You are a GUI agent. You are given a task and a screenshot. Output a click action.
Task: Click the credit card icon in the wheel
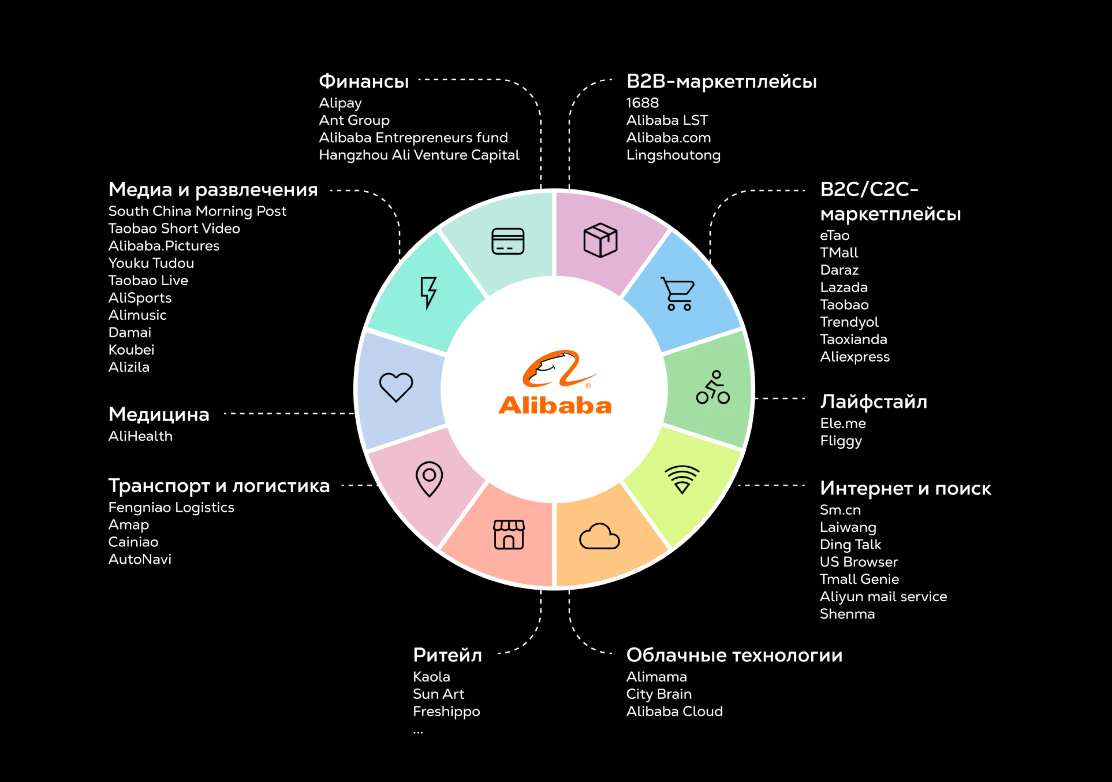coord(508,241)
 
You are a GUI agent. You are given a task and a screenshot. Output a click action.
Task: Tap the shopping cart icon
coord(678,293)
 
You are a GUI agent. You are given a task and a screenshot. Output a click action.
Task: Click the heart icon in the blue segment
coord(396,387)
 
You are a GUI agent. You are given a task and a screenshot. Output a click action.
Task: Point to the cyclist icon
coord(713,388)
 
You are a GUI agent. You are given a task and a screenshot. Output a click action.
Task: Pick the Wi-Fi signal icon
coord(682,479)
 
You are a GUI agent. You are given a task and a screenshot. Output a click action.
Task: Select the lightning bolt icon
coord(429,292)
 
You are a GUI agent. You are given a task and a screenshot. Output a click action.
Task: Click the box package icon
coord(600,240)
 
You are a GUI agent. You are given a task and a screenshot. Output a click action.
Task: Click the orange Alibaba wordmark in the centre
coord(555,405)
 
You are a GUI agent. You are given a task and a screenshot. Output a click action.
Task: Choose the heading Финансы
coord(364,81)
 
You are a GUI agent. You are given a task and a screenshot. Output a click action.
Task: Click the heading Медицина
coord(159,414)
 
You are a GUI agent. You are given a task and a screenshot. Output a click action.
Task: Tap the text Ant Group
coord(354,120)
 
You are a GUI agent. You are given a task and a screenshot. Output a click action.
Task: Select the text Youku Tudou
coord(151,263)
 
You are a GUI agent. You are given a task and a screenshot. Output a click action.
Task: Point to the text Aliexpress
coord(855,357)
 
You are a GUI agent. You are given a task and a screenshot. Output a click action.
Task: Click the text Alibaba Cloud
coord(674,711)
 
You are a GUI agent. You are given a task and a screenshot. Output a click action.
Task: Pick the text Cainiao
coord(133,542)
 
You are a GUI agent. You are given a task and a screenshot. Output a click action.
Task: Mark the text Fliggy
coord(841,441)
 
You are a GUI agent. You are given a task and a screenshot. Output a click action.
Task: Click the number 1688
coord(642,103)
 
